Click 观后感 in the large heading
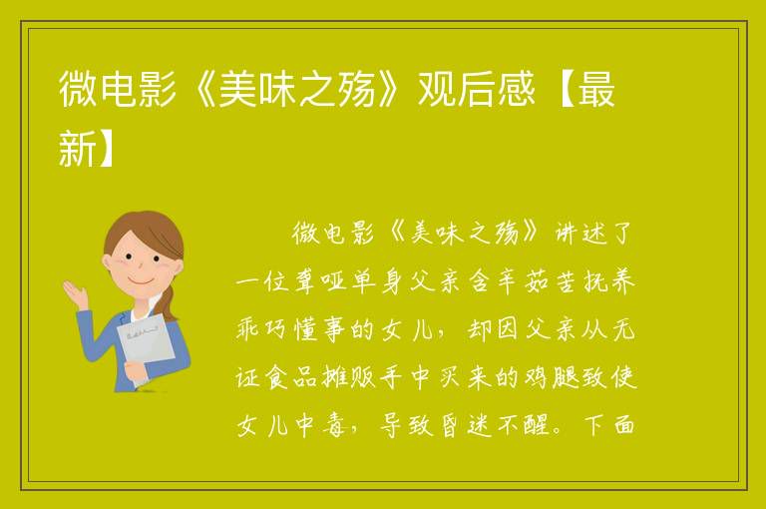pyautogui.click(x=477, y=90)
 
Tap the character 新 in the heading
pyautogui.click(x=77, y=148)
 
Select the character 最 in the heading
pyautogui.click(x=596, y=90)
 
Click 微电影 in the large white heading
pyautogui.click(x=118, y=90)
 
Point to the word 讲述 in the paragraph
pyautogui.click(x=580, y=233)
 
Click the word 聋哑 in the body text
pyautogui.click(x=319, y=281)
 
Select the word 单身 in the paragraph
pyautogui.click(x=377, y=281)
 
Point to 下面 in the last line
pyautogui.click(x=609, y=425)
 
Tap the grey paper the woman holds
pyautogui.click(x=146, y=344)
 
